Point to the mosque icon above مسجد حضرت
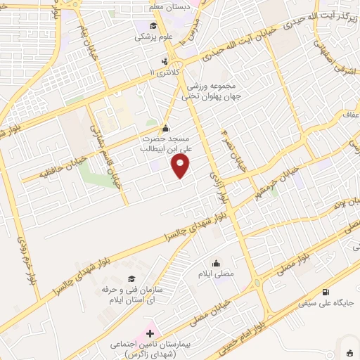coord(165,128)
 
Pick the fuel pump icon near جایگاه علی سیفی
coord(325,292)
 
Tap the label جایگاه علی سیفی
coord(332,304)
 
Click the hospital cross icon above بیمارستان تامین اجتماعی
coord(149,330)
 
